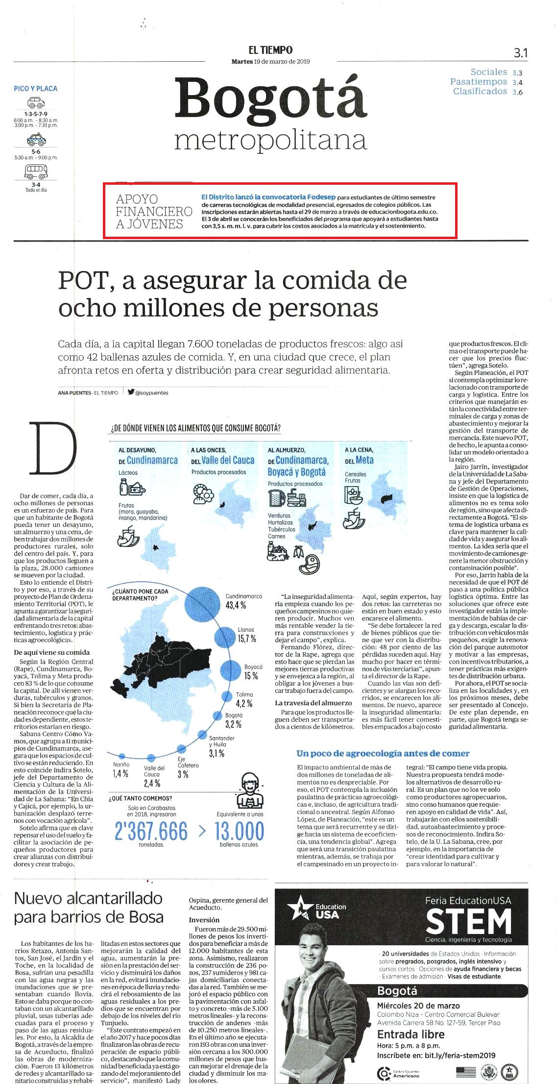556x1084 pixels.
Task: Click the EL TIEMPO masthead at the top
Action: tap(270, 50)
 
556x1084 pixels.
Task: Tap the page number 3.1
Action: tap(521, 52)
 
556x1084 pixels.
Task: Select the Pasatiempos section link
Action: tap(479, 82)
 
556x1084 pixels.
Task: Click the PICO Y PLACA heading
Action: tap(36, 89)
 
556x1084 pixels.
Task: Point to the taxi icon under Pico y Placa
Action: tap(36, 140)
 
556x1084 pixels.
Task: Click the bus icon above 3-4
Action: tap(36, 172)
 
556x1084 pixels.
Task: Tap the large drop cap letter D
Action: tap(53, 448)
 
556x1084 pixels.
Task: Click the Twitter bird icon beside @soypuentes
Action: tap(131, 392)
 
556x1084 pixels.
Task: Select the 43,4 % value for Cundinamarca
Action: tap(236, 605)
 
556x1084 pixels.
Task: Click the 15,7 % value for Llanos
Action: tap(247, 639)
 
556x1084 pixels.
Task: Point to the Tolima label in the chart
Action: tap(244, 694)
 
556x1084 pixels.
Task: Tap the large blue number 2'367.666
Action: tap(151, 831)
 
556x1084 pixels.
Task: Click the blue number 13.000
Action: tap(239, 831)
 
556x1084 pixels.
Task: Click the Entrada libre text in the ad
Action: tap(411, 1035)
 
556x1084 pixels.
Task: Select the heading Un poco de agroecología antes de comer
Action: tap(383, 753)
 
